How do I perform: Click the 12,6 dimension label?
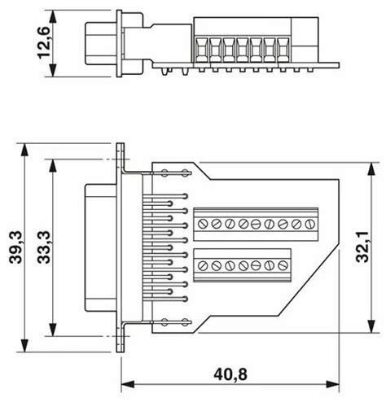44,43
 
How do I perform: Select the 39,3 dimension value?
15,247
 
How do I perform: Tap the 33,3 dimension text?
44,247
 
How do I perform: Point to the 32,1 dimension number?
362,247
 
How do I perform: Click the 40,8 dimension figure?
230,375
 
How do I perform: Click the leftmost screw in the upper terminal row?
203,224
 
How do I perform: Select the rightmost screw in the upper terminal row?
309,224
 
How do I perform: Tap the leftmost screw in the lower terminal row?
203,265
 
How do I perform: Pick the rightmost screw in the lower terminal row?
283,265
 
